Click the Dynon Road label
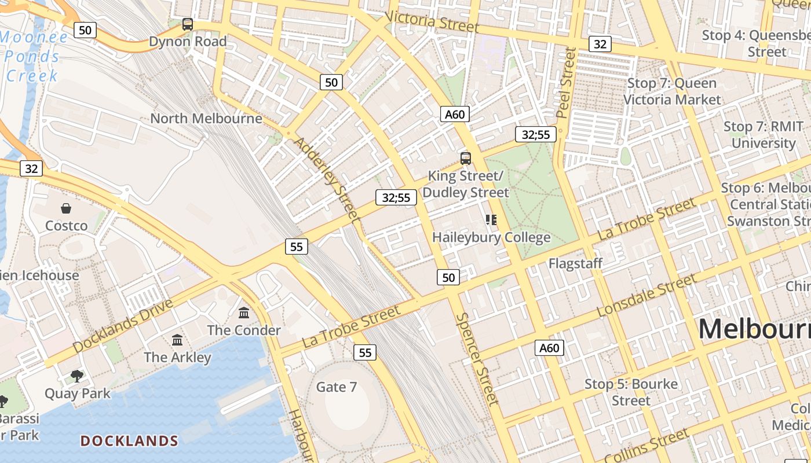pyautogui.click(x=188, y=42)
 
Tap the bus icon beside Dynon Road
pyautogui.click(x=188, y=24)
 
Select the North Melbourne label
pyautogui.click(x=206, y=119)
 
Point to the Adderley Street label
pyautogui.click(x=327, y=179)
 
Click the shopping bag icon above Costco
pyautogui.click(x=66, y=208)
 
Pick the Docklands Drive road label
pyautogui.click(x=123, y=326)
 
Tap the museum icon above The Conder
pyautogui.click(x=244, y=313)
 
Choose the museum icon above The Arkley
pyautogui.click(x=177, y=340)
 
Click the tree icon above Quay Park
pyautogui.click(x=77, y=376)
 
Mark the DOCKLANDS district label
pyautogui.click(x=129, y=441)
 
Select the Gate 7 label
pyautogui.click(x=337, y=387)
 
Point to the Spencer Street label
pyautogui.click(x=477, y=359)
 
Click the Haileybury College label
pyautogui.click(x=491, y=237)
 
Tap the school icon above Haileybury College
pyautogui.click(x=491, y=220)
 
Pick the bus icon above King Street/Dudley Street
pyautogui.click(x=465, y=158)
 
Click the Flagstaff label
pyautogui.click(x=576, y=263)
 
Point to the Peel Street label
pyautogui.click(x=565, y=83)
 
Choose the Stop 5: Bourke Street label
pyautogui.click(x=631, y=392)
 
